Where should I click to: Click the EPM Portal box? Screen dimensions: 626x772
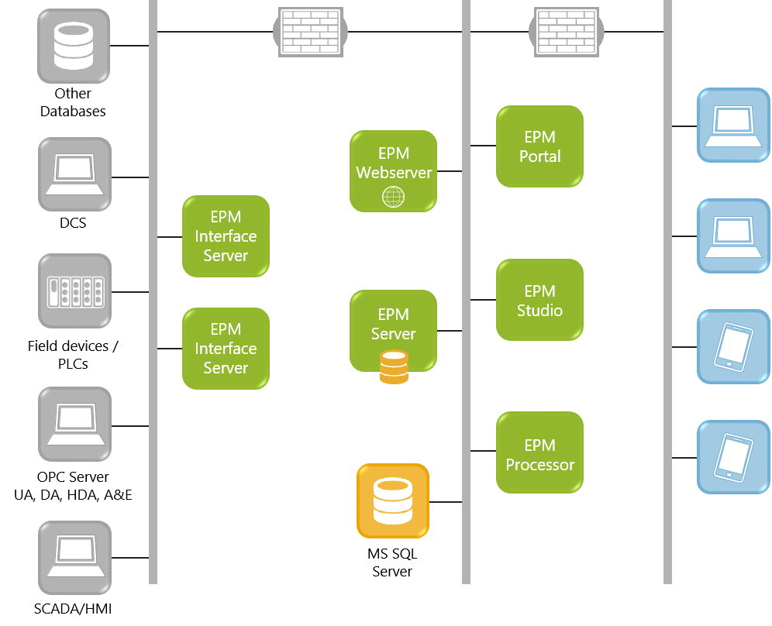click(x=539, y=146)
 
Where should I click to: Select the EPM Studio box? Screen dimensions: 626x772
click(x=539, y=300)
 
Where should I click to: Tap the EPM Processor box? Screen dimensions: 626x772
click(x=539, y=452)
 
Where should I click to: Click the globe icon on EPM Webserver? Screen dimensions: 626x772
click(x=393, y=198)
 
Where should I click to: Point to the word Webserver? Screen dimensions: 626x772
click(x=394, y=173)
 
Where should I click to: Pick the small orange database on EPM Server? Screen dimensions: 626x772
click(x=394, y=367)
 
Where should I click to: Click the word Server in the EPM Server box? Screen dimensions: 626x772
click(x=394, y=334)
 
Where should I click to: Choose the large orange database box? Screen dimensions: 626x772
click(x=393, y=500)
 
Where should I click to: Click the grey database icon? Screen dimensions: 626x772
click(x=74, y=46)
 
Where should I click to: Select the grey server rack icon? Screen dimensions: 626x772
click(x=74, y=291)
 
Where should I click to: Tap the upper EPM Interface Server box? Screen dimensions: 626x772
click(x=226, y=236)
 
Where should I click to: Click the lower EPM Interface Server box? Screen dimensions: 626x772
click(x=226, y=349)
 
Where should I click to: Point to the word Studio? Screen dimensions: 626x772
click(x=539, y=311)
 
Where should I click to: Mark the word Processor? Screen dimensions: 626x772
click(x=539, y=465)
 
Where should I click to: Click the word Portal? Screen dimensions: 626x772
click(x=539, y=156)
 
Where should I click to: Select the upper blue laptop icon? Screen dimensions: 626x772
click(x=733, y=125)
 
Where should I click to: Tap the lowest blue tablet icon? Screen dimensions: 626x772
click(x=733, y=457)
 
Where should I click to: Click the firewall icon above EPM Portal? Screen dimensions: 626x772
click(x=567, y=32)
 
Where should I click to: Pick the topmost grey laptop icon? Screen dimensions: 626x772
click(x=74, y=174)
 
